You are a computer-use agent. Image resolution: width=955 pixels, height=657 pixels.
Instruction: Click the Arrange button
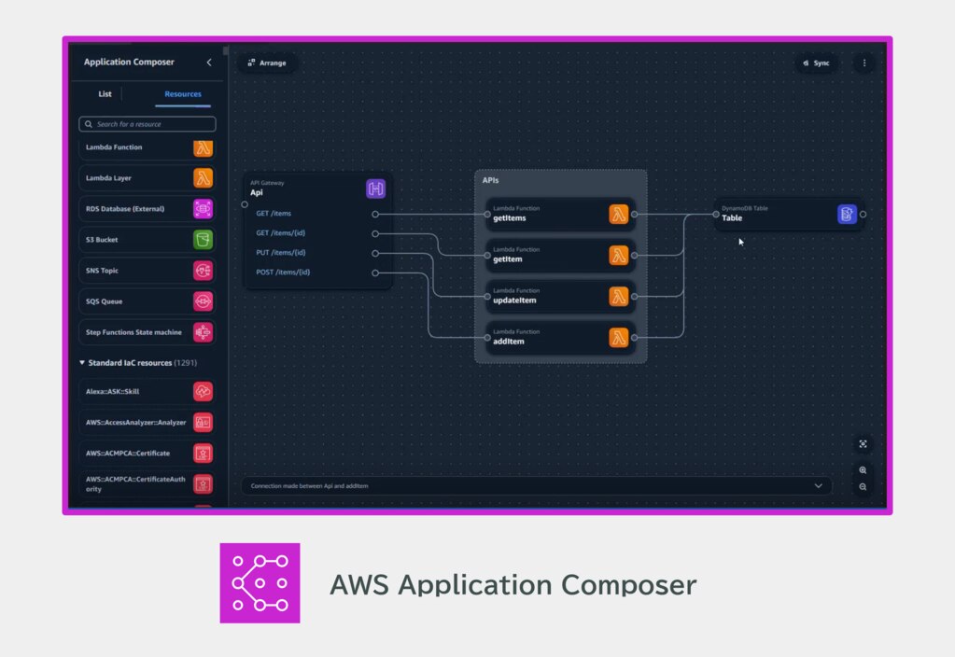(267, 63)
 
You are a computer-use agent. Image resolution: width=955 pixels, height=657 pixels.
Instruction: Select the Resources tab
(183, 94)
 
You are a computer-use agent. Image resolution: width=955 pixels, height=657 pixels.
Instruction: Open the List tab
(105, 94)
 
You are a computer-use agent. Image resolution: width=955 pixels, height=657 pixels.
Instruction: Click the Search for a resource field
(147, 124)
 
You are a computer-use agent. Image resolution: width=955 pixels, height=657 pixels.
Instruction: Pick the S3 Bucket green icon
(203, 240)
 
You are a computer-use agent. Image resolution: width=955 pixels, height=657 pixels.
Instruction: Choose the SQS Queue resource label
(105, 301)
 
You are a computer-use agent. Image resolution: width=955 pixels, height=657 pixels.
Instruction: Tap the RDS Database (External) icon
(203, 209)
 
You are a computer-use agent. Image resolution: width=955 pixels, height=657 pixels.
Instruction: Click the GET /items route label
(274, 214)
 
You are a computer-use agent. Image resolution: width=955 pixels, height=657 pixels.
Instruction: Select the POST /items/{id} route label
(283, 273)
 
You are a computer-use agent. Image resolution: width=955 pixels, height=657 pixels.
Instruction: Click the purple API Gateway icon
(376, 189)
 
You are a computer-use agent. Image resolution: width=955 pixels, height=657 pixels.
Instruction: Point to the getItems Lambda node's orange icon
(618, 215)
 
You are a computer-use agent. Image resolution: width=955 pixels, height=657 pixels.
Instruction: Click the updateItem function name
(514, 301)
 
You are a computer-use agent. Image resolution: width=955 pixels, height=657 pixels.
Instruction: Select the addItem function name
(509, 342)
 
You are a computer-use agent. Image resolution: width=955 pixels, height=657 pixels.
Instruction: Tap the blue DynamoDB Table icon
(847, 215)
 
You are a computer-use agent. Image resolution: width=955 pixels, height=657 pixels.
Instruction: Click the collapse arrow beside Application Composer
(209, 63)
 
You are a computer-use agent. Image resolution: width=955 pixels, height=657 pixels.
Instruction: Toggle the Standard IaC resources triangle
(82, 363)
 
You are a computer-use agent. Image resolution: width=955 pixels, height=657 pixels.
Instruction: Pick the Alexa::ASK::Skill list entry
(147, 392)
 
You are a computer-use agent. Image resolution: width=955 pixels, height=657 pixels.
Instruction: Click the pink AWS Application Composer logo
(260, 582)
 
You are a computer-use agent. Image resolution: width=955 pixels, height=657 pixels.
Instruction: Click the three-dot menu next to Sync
(864, 63)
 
